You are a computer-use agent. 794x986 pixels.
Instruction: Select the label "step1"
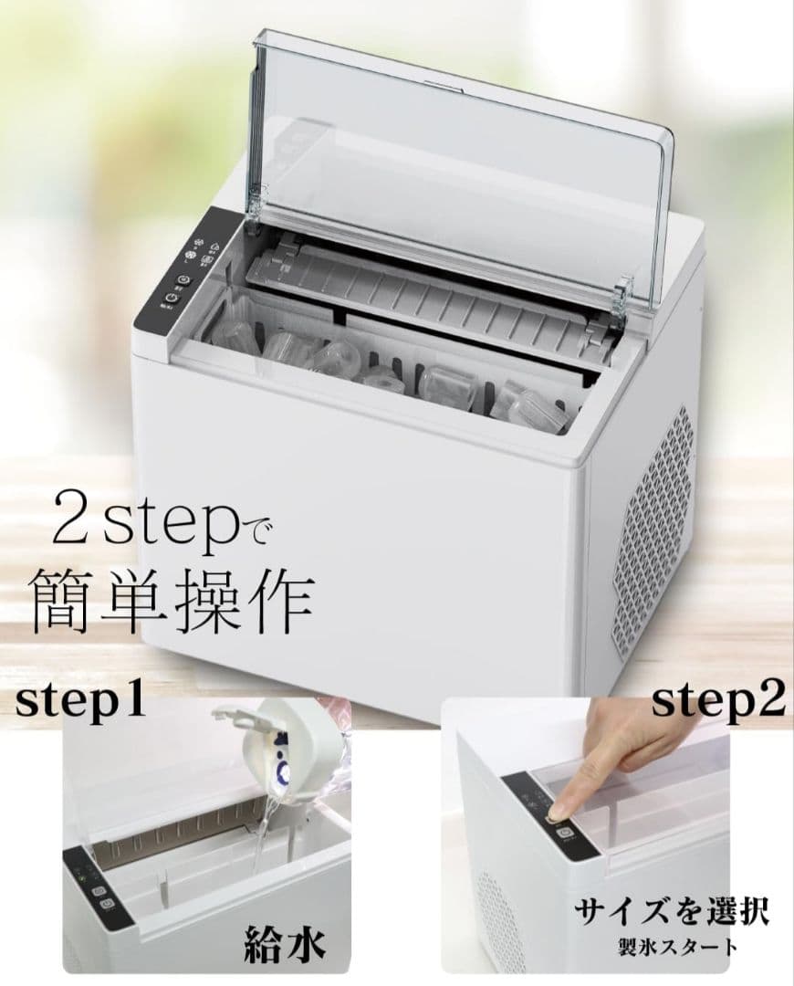click(x=80, y=703)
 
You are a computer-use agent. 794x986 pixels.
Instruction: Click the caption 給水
click(x=283, y=944)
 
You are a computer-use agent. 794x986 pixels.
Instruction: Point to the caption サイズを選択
click(x=671, y=912)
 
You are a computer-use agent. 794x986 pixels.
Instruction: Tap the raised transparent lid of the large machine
click(x=456, y=155)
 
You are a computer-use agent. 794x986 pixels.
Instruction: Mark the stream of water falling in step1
click(x=265, y=835)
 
